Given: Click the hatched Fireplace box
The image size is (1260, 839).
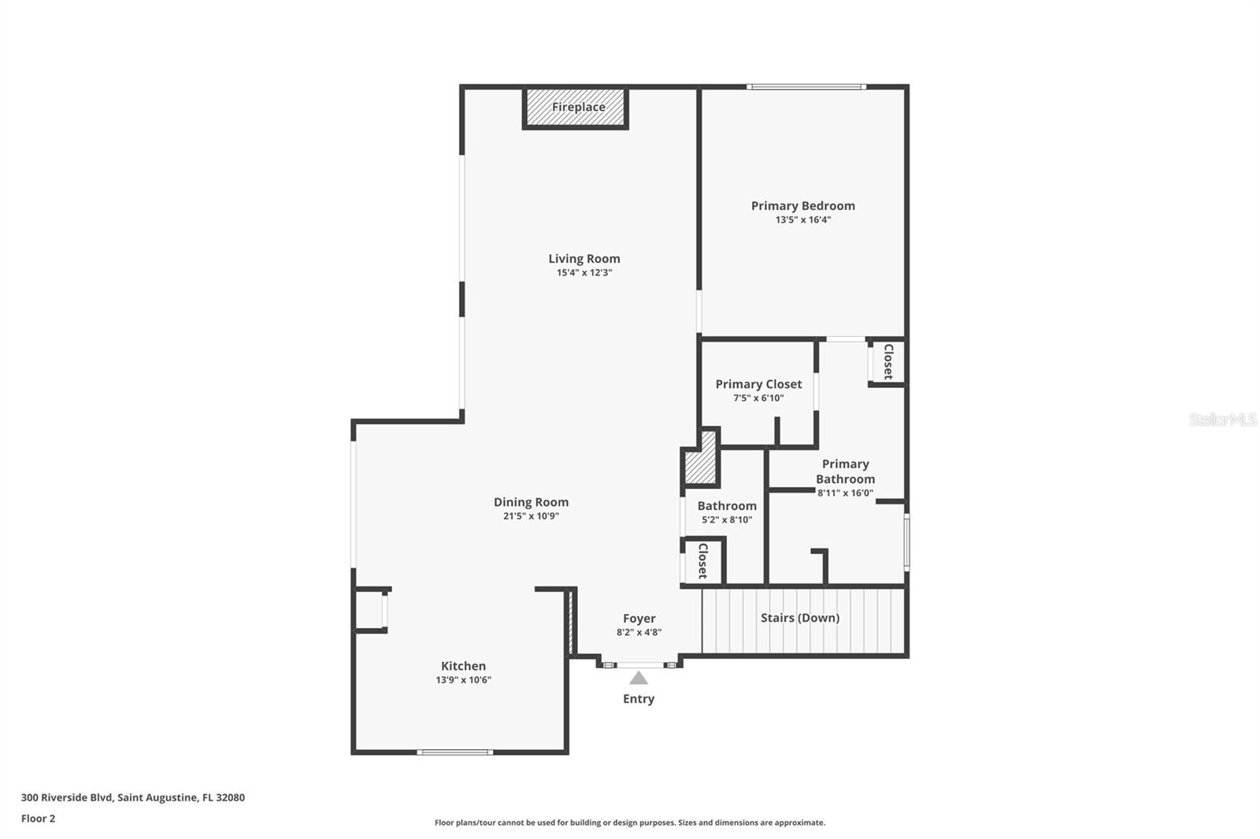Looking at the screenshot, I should [x=576, y=108].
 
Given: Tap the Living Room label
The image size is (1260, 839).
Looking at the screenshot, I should [x=584, y=258].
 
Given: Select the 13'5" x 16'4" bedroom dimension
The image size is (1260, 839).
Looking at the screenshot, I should [x=802, y=220].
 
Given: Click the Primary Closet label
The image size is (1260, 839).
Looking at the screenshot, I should [x=758, y=384].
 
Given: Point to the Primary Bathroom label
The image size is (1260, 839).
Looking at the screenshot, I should [x=845, y=471].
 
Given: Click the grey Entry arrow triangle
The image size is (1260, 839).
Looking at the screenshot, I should [x=639, y=678].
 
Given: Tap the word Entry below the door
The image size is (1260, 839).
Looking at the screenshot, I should [x=639, y=699].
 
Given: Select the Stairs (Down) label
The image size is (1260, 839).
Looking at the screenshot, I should [x=800, y=618].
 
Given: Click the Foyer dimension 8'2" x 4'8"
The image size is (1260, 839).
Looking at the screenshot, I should [x=639, y=632].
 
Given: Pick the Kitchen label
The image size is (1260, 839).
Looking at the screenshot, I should [x=463, y=666].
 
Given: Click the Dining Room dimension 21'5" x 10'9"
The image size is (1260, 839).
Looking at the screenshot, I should [x=531, y=516].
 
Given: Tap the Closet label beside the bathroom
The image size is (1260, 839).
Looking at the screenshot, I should [x=702, y=561].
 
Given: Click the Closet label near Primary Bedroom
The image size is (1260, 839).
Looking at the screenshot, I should [x=888, y=362].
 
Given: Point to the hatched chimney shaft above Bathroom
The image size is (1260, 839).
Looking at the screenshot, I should [x=701, y=465].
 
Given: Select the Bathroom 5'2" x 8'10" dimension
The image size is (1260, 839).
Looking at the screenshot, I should [x=727, y=519].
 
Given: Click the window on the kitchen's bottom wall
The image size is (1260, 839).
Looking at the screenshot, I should [x=455, y=752].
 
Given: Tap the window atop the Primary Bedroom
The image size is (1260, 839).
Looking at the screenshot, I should [x=806, y=87].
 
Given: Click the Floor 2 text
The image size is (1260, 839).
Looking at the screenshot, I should [x=38, y=819].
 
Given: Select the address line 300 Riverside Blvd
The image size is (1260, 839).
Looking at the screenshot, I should [x=132, y=797].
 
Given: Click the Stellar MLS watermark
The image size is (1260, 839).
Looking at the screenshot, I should [x=1222, y=419].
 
